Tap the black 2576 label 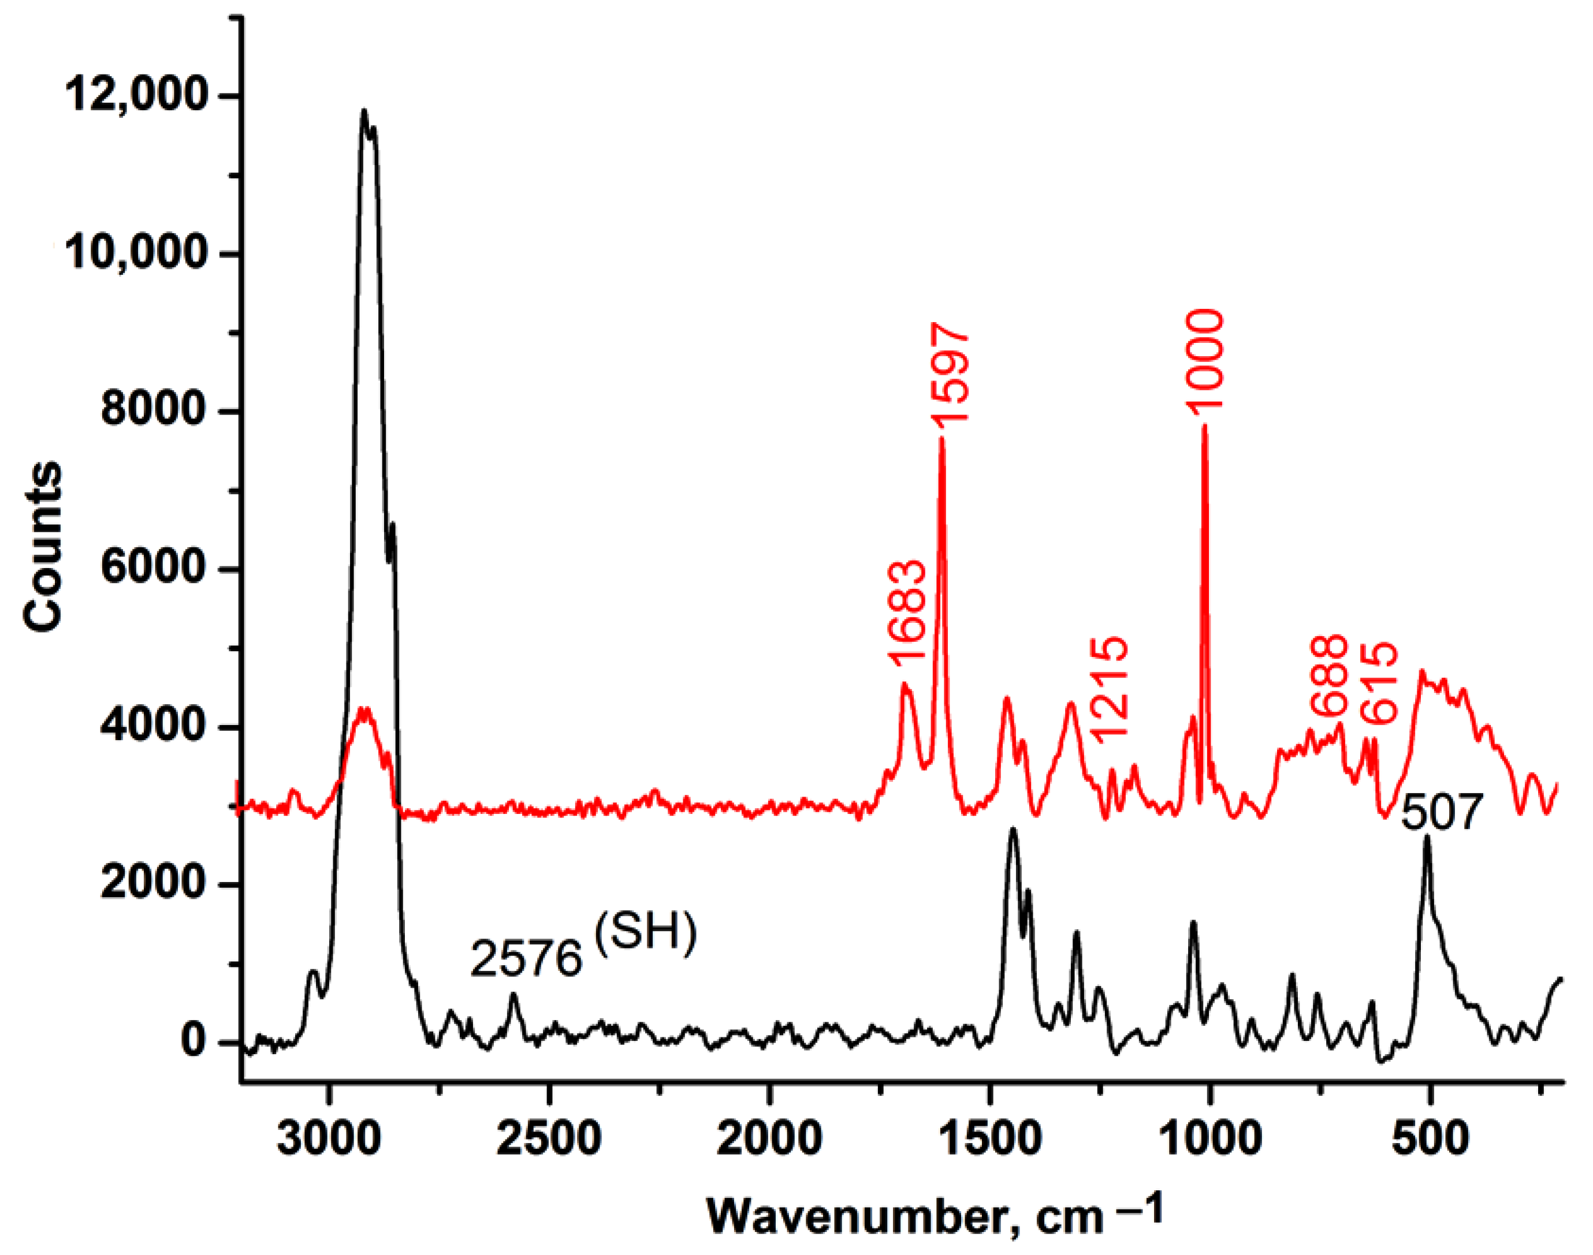[526, 959]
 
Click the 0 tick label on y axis [192, 1041]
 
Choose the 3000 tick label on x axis [329, 1137]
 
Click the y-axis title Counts [43, 547]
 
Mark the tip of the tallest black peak [363, 111]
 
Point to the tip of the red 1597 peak [941, 439]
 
